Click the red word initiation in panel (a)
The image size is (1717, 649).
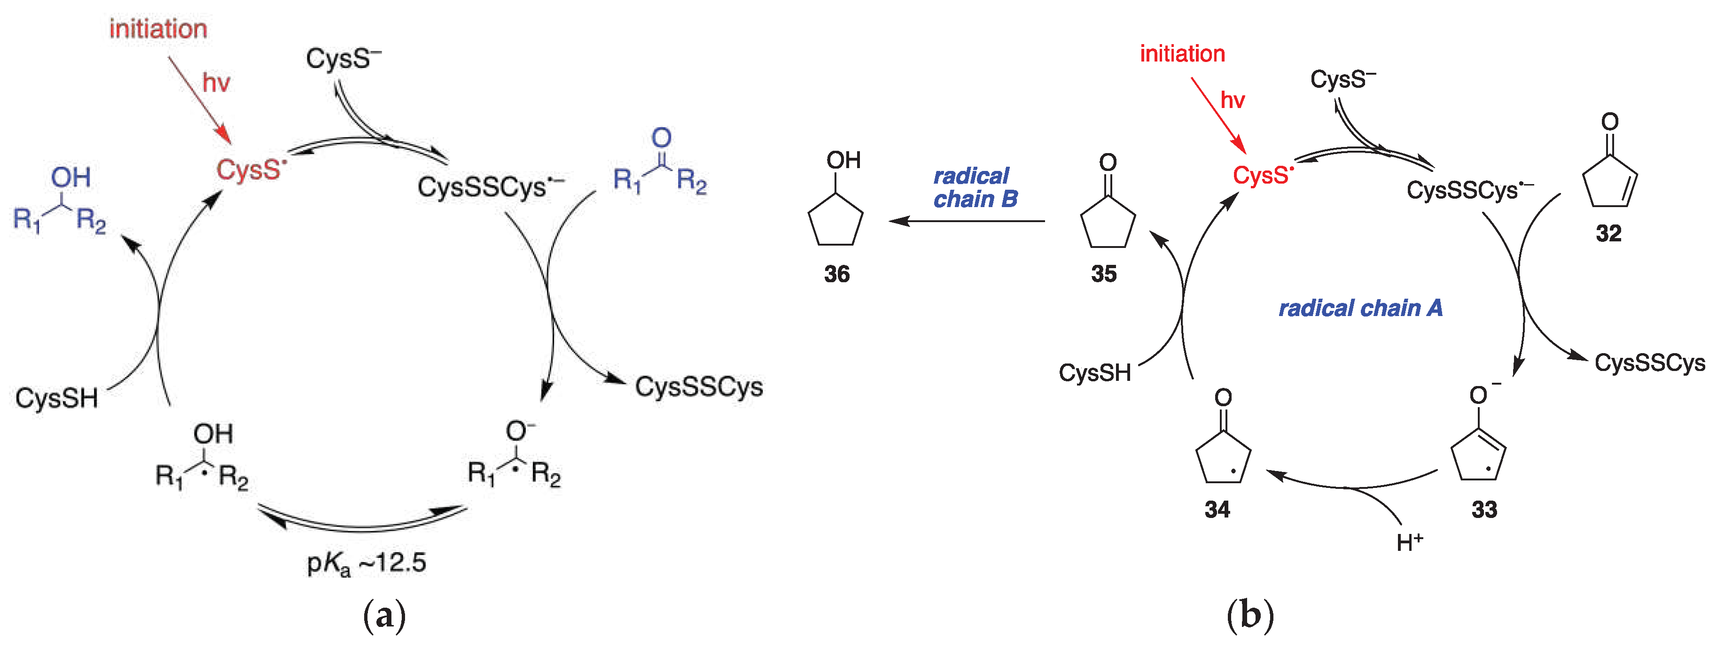pos(158,29)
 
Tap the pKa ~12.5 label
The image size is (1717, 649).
pos(366,564)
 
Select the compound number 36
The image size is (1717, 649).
pos(836,274)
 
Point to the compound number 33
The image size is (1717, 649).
pos(1484,510)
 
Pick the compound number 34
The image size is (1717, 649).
pos(1217,510)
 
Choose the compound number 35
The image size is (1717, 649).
pos(1104,274)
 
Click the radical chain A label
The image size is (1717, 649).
pos(1360,308)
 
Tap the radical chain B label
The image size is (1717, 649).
pos(975,188)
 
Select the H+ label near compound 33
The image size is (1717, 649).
pos(1410,542)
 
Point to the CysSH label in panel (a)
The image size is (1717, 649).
pos(57,398)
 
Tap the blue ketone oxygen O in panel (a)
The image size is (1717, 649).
pos(661,138)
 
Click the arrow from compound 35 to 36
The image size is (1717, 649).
pos(967,221)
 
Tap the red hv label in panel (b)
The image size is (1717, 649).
pos(1233,100)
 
